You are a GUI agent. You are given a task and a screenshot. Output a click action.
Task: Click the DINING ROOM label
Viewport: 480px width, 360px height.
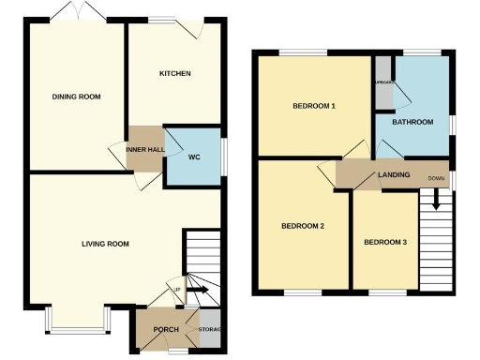[76, 97]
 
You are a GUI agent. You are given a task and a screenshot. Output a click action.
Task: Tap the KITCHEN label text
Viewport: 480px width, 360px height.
[175, 74]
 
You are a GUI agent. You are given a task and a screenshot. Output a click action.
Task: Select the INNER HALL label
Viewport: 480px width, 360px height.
[144, 148]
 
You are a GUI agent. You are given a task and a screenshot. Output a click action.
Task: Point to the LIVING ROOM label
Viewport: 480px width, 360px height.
[105, 244]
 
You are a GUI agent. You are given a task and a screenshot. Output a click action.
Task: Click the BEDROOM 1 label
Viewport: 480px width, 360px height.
[314, 106]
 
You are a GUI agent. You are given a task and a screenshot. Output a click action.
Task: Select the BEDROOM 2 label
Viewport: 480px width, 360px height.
[303, 226]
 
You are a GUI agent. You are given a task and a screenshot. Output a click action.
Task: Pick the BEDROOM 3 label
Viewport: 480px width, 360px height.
[385, 243]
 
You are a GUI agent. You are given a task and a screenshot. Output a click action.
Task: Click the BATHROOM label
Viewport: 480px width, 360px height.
[412, 122]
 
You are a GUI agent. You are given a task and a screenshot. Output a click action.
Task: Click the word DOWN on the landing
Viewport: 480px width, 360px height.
[436, 178]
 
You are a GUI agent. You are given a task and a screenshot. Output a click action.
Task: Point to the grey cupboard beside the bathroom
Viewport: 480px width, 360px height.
[383, 83]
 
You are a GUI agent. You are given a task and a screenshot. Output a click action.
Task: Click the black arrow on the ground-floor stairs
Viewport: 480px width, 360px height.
[200, 291]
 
